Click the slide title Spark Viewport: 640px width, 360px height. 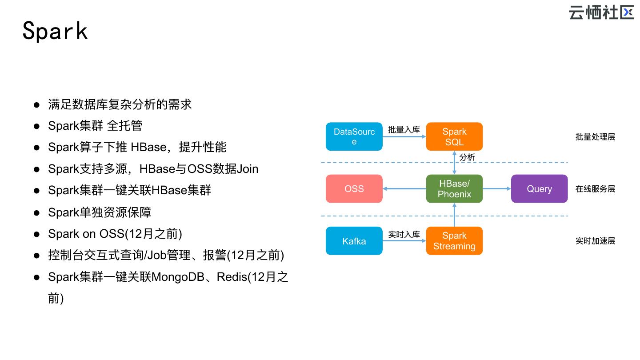(55, 31)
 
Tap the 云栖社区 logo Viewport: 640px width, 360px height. (601, 12)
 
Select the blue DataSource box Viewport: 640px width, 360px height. (354, 136)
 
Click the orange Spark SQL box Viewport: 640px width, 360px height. (454, 136)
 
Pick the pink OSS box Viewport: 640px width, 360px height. (354, 189)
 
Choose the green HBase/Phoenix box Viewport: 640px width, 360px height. (454, 189)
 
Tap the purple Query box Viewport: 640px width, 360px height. (539, 189)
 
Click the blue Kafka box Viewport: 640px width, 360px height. (354, 241)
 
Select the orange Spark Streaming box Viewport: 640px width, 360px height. (454, 241)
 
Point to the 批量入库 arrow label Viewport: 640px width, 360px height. (404, 130)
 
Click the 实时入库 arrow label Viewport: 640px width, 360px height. (404, 234)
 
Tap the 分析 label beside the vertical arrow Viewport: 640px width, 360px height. (467, 157)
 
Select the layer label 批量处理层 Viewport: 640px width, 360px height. (595, 137)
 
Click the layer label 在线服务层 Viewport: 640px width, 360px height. (595, 189)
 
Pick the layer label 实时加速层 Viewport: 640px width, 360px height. (595, 241)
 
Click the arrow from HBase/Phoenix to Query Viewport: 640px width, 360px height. (497, 189)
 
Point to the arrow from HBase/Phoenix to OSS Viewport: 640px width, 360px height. (404, 189)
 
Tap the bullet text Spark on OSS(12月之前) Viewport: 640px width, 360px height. (115, 234)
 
